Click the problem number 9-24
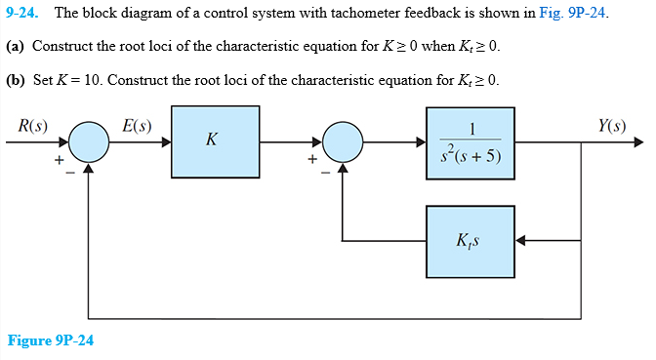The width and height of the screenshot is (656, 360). click(24, 14)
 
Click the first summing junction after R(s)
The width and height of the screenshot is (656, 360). click(89, 141)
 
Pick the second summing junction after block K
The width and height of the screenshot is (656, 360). click(342, 141)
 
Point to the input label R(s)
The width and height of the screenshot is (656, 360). click(33, 124)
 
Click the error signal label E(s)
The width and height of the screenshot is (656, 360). click(137, 124)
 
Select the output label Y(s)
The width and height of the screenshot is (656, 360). click(613, 124)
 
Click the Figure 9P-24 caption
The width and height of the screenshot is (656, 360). click(51, 340)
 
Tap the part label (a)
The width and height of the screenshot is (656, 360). click(16, 46)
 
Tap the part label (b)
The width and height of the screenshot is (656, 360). click(16, 79)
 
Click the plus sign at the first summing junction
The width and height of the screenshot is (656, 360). click(59, 158)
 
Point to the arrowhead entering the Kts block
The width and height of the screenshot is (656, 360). click(519, 240)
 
